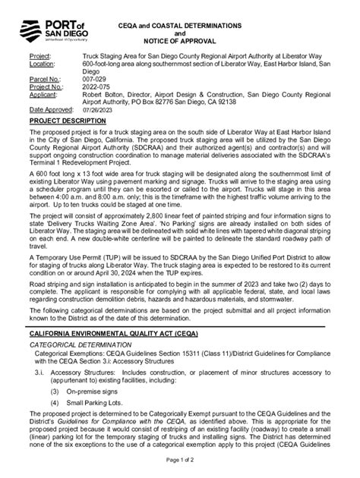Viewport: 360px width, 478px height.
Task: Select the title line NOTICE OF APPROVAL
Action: tap(179, 42)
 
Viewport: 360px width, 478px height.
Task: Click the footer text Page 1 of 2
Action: tap(179, 460)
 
